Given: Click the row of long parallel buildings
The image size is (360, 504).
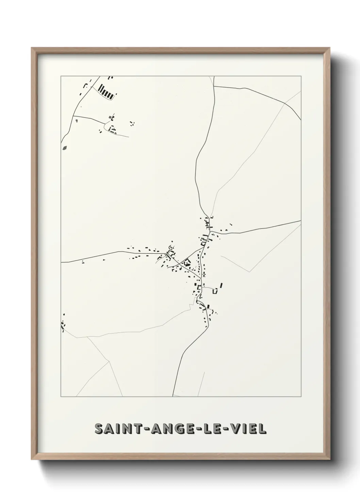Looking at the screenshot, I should [106, 92].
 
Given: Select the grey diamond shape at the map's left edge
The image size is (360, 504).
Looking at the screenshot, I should [65, 148].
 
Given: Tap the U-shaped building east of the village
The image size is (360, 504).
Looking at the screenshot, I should [215, 291].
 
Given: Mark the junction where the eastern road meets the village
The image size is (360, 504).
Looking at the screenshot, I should [211, 232].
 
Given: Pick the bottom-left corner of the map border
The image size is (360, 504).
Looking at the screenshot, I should [61, 396].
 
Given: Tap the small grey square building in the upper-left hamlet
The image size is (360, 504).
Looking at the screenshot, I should [110, 117].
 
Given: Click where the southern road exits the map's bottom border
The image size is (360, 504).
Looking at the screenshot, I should [173, 396].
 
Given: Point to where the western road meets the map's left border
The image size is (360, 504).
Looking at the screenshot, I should [61, 262].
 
